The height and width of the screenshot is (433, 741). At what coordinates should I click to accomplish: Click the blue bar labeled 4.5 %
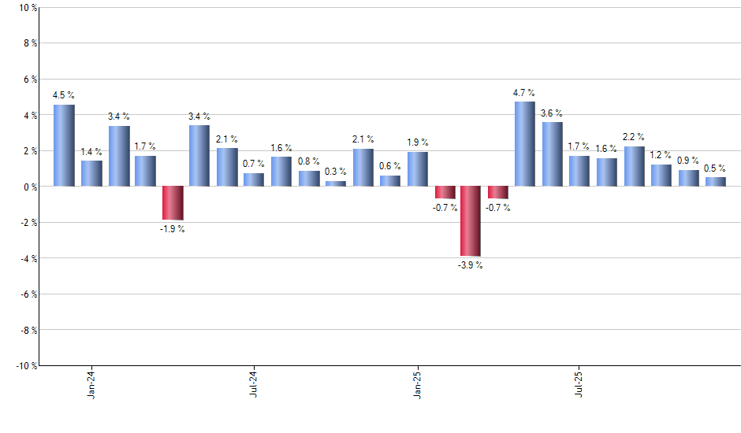(64, 146)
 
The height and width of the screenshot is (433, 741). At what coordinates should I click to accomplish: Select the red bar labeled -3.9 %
(471, 221)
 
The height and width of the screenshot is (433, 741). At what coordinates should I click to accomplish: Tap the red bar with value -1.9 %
(173, 203)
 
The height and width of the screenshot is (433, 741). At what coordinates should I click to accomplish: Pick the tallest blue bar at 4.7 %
(525, 144)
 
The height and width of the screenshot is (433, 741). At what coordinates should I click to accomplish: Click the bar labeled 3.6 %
(552, 154)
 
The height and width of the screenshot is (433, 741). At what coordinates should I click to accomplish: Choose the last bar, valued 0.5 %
(715, 182)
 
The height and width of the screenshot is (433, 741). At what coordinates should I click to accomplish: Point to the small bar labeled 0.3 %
(336, 183)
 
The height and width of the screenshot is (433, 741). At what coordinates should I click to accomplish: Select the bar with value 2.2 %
(634, 166)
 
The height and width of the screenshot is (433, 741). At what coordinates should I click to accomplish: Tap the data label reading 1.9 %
(418, 142)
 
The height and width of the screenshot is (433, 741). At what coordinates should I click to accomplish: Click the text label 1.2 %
(661, 155)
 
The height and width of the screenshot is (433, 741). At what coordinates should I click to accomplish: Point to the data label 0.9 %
(688, 161)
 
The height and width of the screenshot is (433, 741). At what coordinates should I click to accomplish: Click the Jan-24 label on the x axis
(91, 383)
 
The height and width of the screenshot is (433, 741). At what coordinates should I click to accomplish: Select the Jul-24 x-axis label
(254, 383)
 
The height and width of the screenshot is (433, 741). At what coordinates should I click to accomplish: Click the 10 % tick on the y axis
(26, 8)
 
